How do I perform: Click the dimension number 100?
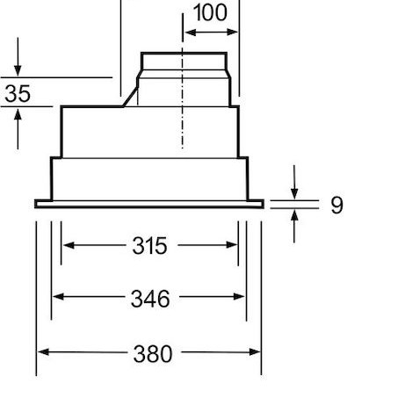click(208, 13)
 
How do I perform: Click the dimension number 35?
click(18, 94)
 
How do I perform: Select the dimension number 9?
click(336, 206)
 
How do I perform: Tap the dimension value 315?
click(149, 246)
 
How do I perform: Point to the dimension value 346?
click(149, 299)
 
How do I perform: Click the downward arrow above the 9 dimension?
click(295, 193)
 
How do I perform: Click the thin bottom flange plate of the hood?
click(149, 205)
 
